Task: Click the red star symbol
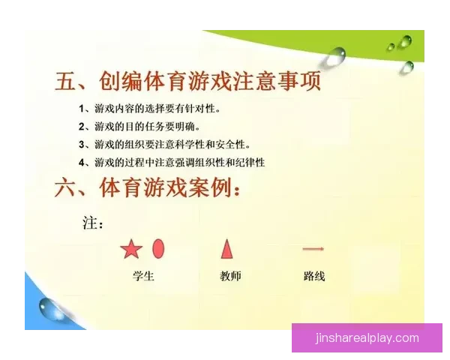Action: pos(130,249)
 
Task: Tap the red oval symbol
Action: pos(158,248)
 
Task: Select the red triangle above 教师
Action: pos(226,248)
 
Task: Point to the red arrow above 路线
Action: pos(313,248)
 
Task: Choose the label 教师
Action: pos(230,276)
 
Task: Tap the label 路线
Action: pos(314,276)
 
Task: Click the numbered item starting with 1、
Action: pos(150,109)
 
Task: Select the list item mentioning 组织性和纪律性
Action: pos(172,162)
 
